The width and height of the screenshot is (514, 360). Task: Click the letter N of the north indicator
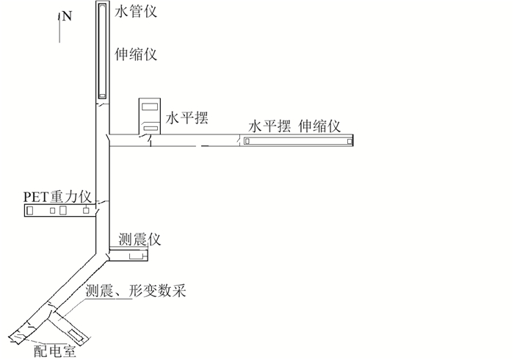[x=67, y=16]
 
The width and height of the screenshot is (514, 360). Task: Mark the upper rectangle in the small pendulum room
[x=150, y=107]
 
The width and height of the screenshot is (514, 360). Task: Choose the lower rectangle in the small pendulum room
[x=150, y=129]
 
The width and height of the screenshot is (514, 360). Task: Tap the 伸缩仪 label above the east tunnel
[x=321, y=126]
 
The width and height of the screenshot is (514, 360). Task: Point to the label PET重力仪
[x=57, y=197]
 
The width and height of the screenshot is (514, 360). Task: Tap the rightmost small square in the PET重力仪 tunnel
[x=87, y=211]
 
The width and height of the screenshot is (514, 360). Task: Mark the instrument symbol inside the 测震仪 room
[x=136, y=256]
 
